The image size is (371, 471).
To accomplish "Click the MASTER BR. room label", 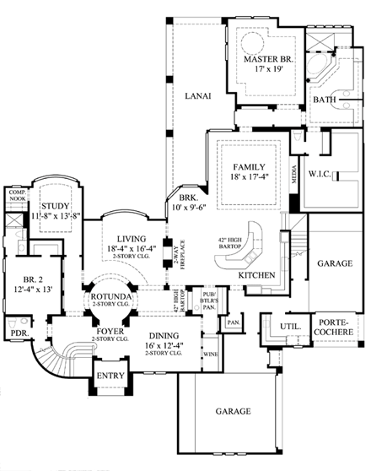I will pos(267,61).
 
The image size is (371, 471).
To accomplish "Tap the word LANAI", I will pos(197,97).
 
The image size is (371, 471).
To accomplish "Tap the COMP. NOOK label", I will pos(18,195).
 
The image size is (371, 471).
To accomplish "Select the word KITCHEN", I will pos(255,276).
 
